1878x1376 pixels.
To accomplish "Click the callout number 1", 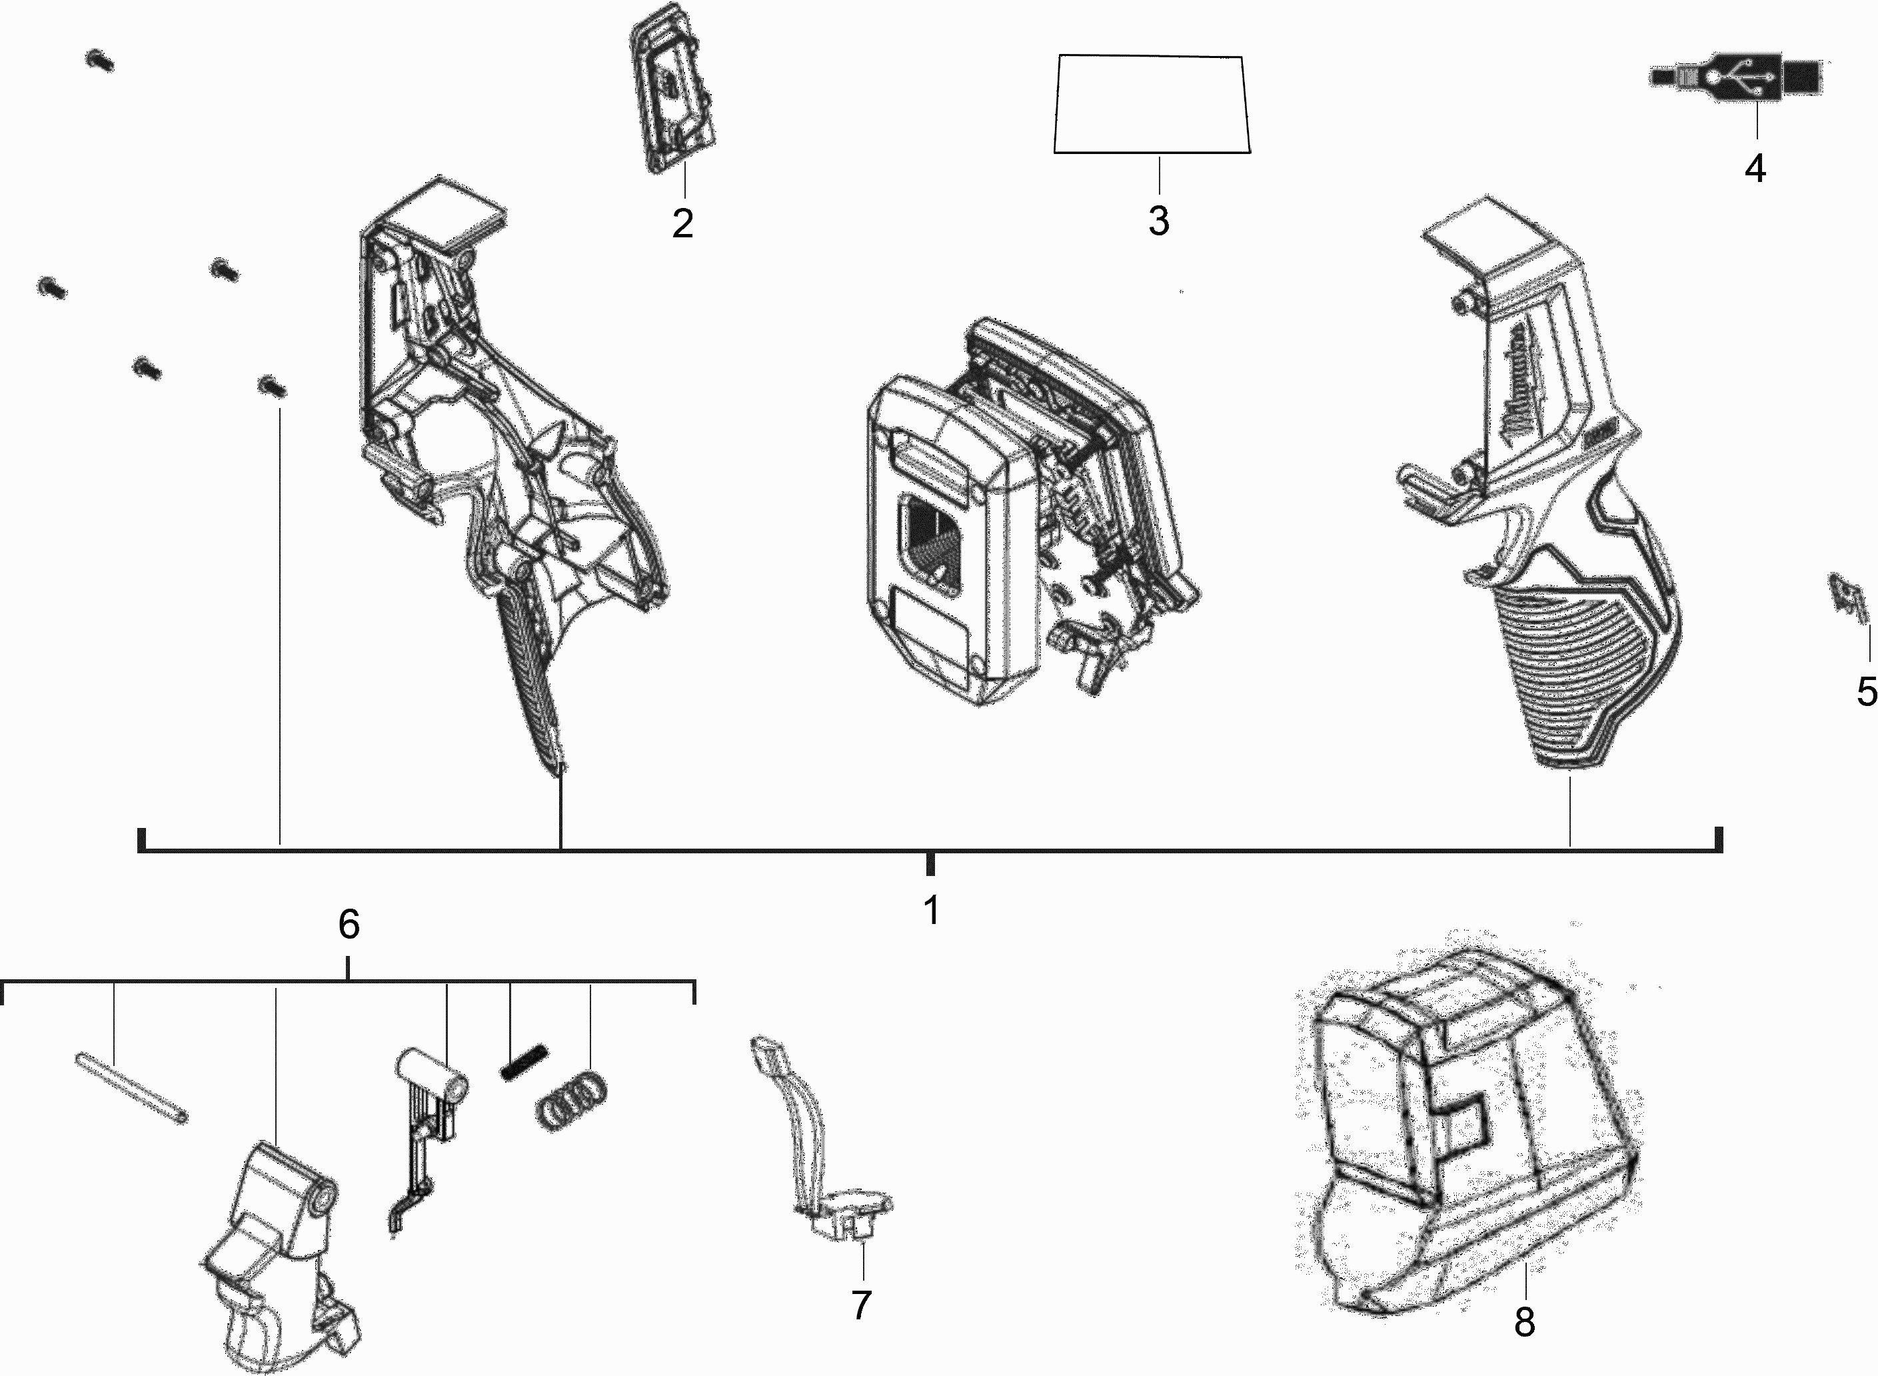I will tap(932, 911).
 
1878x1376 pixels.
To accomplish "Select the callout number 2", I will tap(682, 223).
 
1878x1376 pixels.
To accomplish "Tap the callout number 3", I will tap(1159, 221).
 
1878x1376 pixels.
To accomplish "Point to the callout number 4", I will tap(1755, 169).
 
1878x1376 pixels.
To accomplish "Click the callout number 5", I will tap(1867, 692).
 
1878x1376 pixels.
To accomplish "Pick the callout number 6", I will tap(349, 925).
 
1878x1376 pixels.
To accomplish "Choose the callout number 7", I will tap(862, 1305).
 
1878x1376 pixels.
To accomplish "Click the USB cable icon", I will tap(1735, 77).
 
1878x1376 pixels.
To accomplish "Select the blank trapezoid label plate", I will tap(1152, 105).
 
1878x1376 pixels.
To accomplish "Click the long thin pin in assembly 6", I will tap(131, 1088).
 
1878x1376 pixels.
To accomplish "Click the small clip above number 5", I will tap(1849, 597).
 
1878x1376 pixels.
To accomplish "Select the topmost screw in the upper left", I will tap(100, 60).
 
